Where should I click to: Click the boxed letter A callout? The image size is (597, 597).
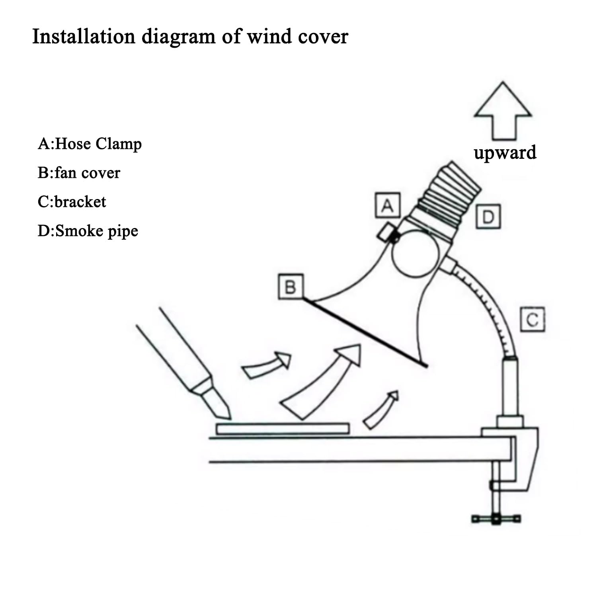point(388,206)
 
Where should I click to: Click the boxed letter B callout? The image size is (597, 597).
point(291,287)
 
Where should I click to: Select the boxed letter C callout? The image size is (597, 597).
point(533,319)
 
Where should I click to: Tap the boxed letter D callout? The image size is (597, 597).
point(488,217)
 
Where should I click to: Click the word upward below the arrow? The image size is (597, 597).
point(505,152)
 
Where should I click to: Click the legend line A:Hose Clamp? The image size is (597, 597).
point(90,144)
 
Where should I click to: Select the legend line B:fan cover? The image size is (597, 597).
point(79,173)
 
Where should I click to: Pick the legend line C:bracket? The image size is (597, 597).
point(72,202)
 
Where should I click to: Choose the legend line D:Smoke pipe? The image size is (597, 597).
point(88,231)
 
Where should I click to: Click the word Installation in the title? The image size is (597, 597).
point(84,37)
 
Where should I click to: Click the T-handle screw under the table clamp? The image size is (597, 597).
point(496,519)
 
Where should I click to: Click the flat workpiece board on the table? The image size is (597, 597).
point(283,429)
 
